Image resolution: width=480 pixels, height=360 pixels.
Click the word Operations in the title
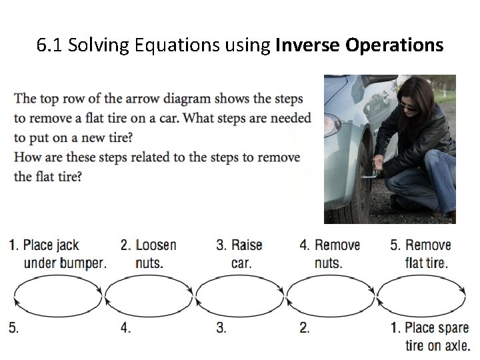pyautogui.click(x=393, y=46)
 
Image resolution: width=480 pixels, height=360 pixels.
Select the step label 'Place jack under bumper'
pyautogui.click(x=58, y=254)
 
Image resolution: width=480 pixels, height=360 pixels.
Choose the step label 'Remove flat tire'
pyautogui.click(x=421, y=254)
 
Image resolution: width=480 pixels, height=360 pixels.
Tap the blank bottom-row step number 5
pyautogui.click(x=13, y=328)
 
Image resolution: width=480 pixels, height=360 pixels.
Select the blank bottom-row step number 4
pyautogui.click(x=125, y=328)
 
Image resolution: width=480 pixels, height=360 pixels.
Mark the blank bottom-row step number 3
pyautogui.click(x=221, y=328)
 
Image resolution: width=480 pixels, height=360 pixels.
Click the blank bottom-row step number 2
pyautogui.click(x=304, y=328)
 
